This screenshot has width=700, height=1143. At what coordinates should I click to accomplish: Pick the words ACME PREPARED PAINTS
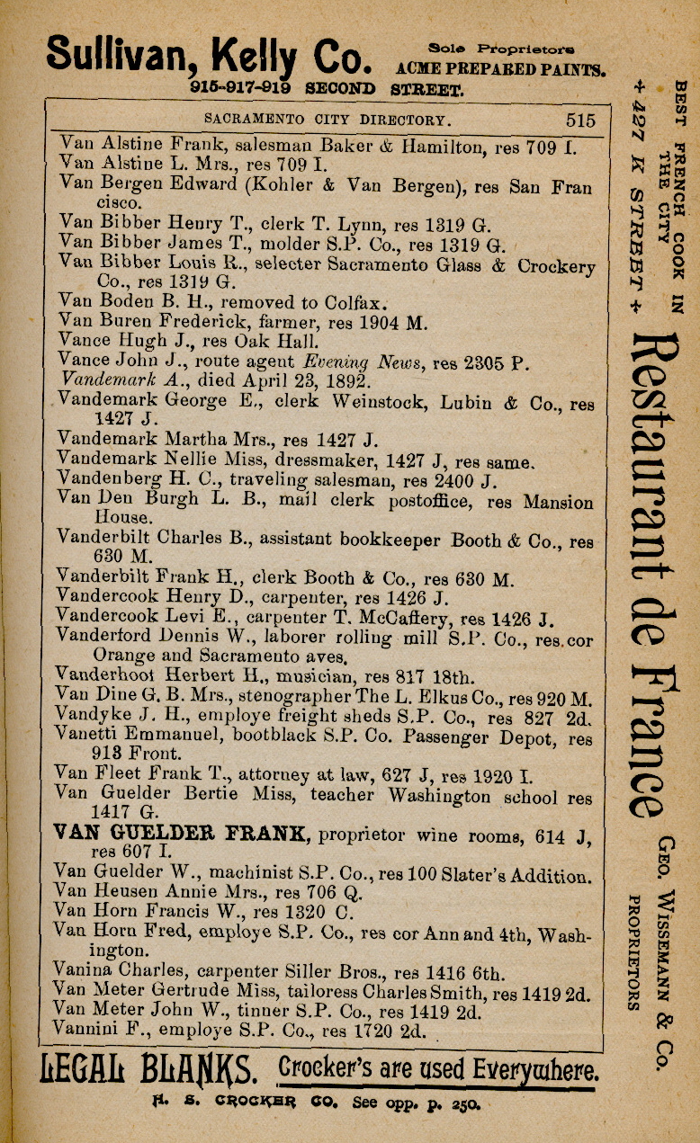[502, 69]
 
